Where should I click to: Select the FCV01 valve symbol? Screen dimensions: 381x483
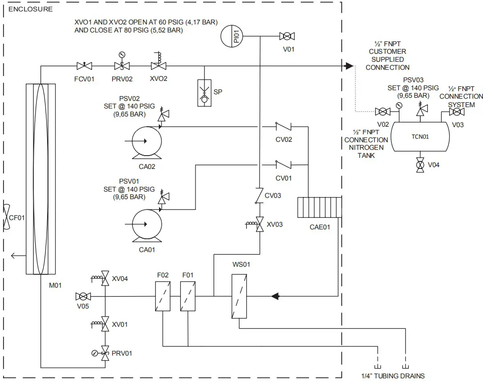click(x=84, y=66)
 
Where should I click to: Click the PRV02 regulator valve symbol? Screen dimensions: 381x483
click(x=121, y=66)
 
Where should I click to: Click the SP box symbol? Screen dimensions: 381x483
click(x=204, y=93)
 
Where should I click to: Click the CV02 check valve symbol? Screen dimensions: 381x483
click(x=283, y=127)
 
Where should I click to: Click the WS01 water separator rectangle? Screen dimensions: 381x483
click(x=239, y=296)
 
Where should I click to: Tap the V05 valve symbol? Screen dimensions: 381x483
click(x=83, y=297)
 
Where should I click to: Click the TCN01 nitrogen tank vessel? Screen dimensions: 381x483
click(x=419, y=136)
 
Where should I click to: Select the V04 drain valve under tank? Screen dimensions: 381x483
click(x=419, y=165)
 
